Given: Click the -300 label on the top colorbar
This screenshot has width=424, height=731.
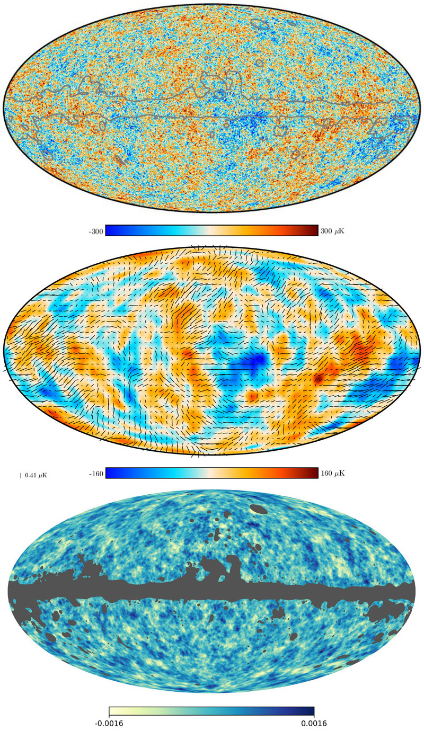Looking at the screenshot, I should point(97,231).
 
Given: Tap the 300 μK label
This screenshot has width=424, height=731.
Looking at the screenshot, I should point(333,231).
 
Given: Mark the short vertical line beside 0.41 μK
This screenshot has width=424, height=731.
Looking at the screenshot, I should point(21,476).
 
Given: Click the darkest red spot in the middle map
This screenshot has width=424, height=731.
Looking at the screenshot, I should point(319,379).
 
